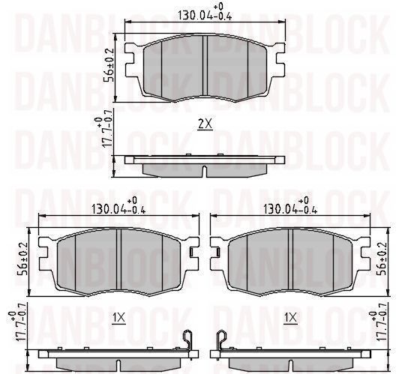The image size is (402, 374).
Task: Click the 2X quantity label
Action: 205,124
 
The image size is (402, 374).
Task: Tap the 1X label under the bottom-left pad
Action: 119,318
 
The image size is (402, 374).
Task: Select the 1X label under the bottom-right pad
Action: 290,318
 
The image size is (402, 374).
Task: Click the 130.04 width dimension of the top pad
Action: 205,13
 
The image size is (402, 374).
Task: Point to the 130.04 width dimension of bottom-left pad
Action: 119,206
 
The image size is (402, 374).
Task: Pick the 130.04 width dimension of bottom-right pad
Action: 290,206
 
